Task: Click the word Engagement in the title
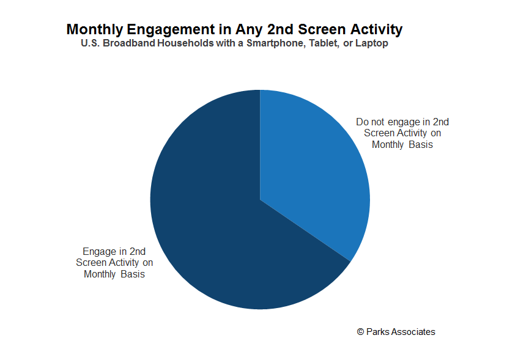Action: tap(170, 30)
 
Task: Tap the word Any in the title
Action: tap(249, 30)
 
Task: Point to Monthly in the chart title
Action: tap(95, 30)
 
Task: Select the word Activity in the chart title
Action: tap(376, 29)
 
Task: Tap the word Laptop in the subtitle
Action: tap(372, 43)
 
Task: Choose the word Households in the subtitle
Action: tap(185, 43)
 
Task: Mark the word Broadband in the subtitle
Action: tap(129, 43)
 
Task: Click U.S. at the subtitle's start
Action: tap(91, 43)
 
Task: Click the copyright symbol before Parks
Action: tap(360, 332)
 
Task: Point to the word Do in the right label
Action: tap(362, 122)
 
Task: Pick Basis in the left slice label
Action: tap(133, 274)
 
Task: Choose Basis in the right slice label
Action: tap(421, 144)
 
